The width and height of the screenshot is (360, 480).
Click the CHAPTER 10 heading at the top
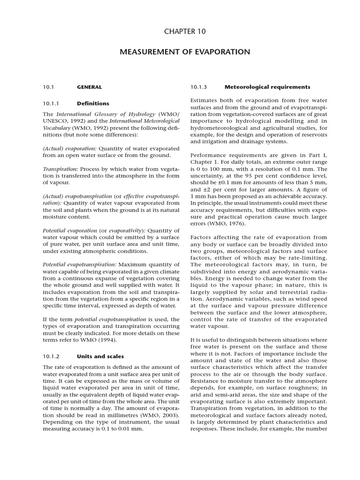click(184, 31)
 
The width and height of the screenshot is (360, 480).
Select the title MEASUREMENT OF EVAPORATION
click(185, 52)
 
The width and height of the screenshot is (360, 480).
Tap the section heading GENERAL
click(89, 87)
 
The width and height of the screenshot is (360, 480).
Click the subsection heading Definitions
click(93, 103)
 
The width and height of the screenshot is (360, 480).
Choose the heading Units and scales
click(100, 356)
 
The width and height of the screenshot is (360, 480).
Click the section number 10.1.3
click(199, 87)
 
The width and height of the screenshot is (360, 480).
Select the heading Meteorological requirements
click(267, 87)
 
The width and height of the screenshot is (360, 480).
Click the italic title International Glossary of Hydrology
click(107, 114)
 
